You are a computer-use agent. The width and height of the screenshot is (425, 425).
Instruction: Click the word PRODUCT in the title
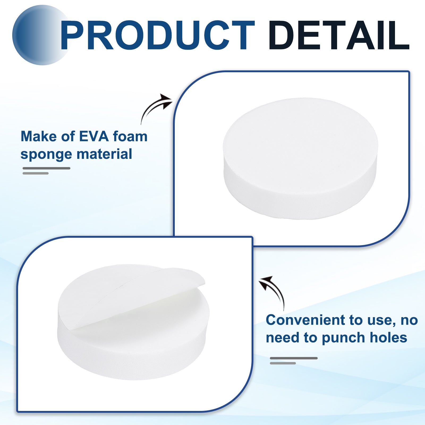158,35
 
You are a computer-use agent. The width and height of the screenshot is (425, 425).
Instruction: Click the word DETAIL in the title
339,35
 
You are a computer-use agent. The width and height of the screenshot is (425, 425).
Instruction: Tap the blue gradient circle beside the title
40,35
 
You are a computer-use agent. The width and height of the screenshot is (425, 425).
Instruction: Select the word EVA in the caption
94,137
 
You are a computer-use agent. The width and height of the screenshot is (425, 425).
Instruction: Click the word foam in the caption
130,137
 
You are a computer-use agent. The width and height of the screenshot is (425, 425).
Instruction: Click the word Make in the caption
39,137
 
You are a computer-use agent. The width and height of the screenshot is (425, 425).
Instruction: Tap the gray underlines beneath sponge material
46,171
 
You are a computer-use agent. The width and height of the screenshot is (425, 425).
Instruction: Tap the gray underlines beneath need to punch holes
294,360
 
